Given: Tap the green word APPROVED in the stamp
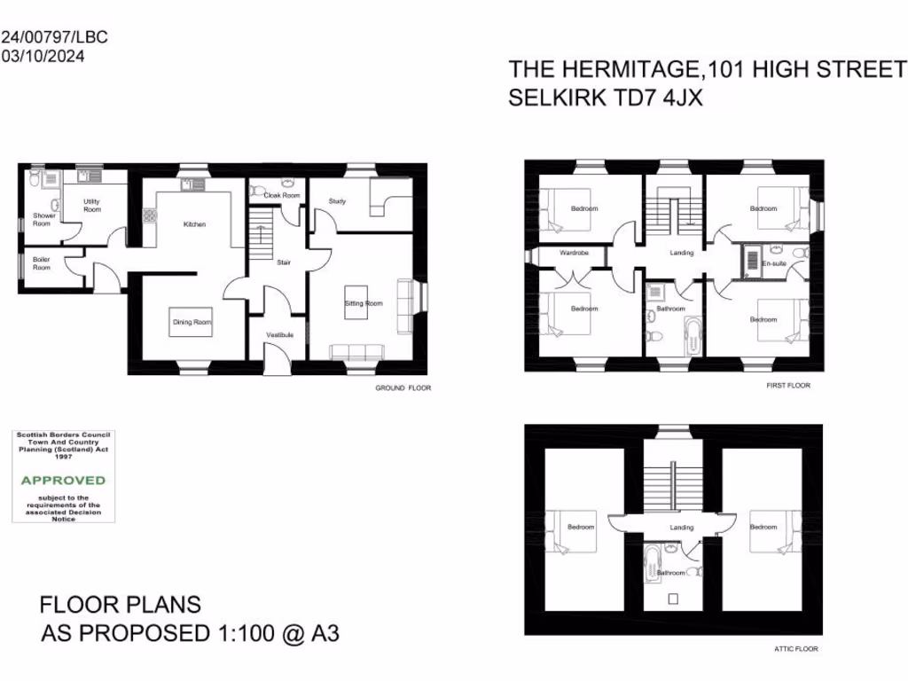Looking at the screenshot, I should pos(63,480).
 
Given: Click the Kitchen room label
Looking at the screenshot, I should pos(194,224).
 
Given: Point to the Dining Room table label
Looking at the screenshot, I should pos(192,322).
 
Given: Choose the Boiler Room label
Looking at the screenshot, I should pos(41,263).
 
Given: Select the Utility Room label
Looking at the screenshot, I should pos(92,205).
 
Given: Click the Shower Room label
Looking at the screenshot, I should pos(44,219).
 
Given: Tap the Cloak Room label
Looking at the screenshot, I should pos(281,195).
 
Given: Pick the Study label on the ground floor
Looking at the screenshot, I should pos(336,201).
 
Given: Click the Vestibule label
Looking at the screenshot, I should pos(280,334).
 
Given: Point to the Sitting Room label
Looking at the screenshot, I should pos(364,303).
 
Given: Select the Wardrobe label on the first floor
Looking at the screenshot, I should pos(574,253).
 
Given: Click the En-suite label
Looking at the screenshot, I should pos(774,263).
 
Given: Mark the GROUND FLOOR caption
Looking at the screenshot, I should pos(403,387).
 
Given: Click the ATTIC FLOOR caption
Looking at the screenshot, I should pos(796,649).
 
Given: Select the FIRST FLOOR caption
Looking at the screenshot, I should pos(788,386).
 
